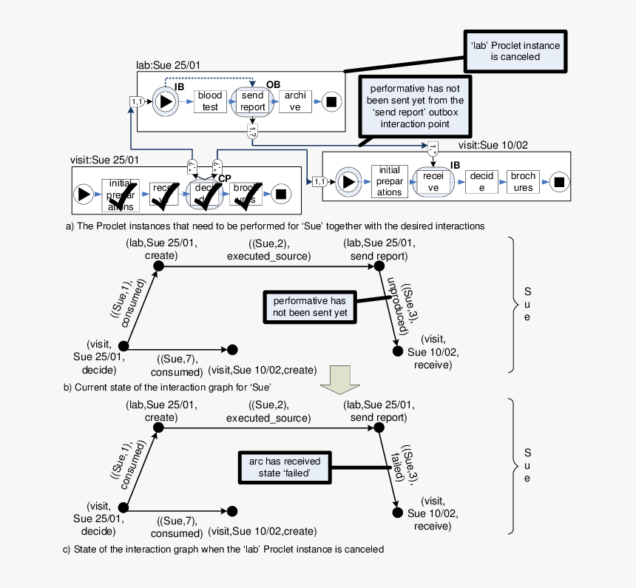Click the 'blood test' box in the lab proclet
click(210, 101)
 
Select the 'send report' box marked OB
click(253, 101)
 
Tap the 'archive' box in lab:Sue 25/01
click(294, 101)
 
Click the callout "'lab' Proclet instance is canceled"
click(515, 51)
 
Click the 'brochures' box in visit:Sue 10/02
click(524, 182)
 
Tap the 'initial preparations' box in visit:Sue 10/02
click(389, 181)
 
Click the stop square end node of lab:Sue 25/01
click(331, 101)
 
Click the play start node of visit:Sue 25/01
click(84, 194)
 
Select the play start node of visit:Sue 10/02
click(346, 181)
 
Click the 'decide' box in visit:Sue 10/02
click(481, 182)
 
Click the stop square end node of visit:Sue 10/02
click(559, 182)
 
